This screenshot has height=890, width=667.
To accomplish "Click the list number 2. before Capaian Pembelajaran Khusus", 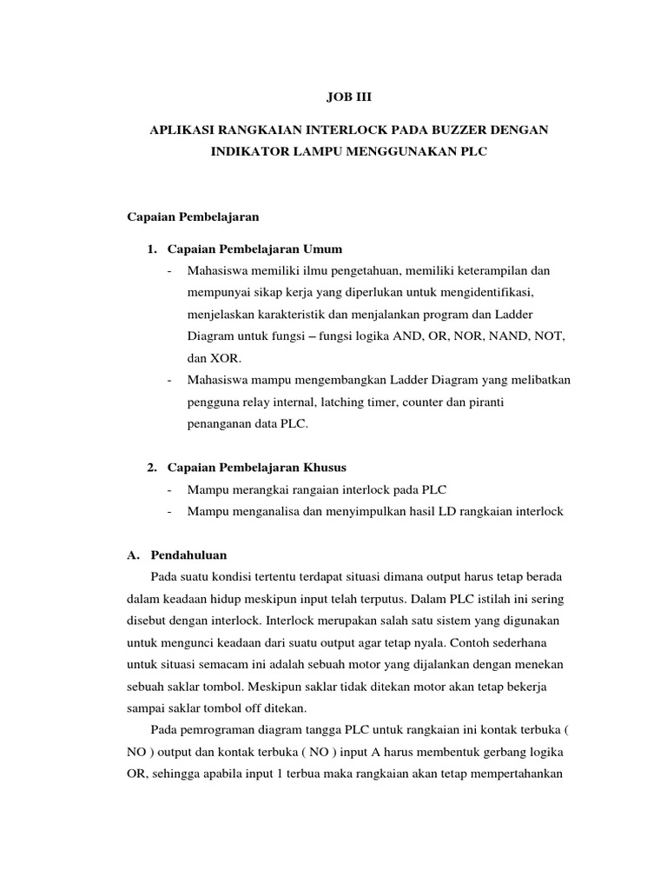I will coord(153,468).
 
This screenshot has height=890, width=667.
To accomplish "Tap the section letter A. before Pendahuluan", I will coord(134,554).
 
